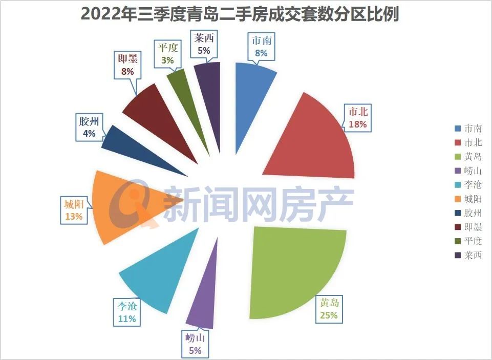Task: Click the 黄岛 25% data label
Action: (x=329, y=309)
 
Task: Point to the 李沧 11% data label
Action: (x=126, y=312)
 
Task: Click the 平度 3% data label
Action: (x=167, y=54)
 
